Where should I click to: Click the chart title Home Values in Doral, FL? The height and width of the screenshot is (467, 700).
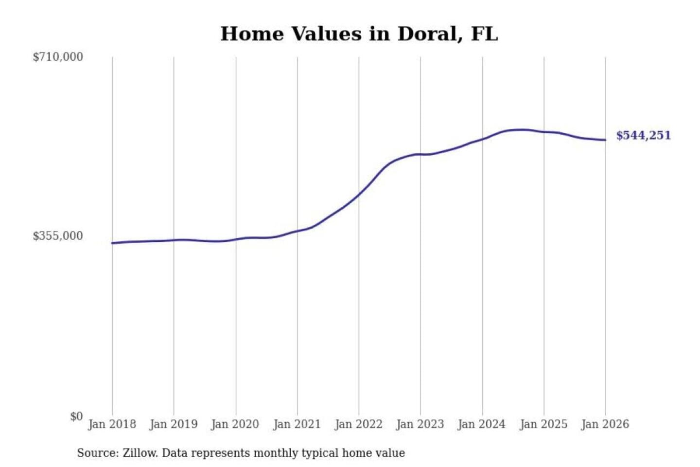point(359,34)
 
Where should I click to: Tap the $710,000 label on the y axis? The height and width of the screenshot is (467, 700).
point(58,57)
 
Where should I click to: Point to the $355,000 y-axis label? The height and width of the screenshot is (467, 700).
point(58,236)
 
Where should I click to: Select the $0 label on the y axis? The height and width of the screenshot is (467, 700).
point(76,416)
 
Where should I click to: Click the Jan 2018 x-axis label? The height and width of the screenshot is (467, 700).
point(112,424)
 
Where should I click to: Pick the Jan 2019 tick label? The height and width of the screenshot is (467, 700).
point(174,424)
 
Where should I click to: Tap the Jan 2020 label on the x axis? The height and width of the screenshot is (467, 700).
point(235,424)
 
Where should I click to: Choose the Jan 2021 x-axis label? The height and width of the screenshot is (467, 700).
point(297,424)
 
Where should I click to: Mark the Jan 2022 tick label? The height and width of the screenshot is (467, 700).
point(359,424)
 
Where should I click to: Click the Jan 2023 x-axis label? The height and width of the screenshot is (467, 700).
point(420,424)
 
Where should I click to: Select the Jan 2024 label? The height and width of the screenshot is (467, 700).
point(482,424)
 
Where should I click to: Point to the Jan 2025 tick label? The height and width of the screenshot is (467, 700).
point(543,424)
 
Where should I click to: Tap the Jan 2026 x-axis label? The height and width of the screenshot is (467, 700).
point(605,424)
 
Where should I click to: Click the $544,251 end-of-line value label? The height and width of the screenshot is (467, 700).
point(643,135)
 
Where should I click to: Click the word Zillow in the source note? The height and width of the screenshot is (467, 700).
point(140,453)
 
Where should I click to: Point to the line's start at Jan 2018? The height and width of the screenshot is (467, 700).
point(112,243)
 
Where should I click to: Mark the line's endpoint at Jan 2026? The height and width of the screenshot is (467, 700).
point(605,140)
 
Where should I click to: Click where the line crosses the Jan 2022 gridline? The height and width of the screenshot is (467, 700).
point(359,194)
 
